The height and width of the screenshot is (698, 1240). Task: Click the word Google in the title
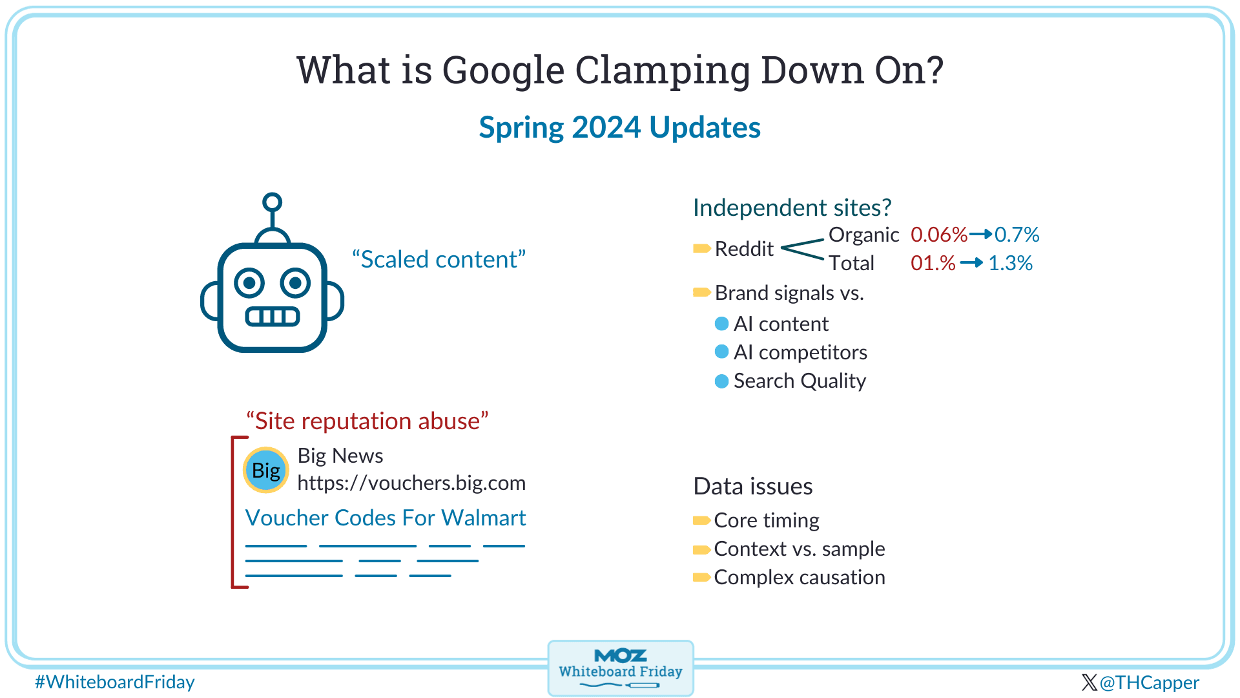coord(503,70)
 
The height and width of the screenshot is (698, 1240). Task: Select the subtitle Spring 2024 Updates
coord(619,127)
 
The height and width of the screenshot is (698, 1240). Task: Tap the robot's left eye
coord(249,282)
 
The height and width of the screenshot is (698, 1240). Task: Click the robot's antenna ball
coord(272,202)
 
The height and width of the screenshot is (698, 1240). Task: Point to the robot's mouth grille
coord(272,316)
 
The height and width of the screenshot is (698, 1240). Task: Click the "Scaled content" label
coord(439,259)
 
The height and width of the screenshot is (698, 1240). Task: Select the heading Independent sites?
coord(792,207)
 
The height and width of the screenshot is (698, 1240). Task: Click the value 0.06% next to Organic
coord(938,235)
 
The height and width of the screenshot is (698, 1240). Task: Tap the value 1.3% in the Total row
coord(1010,263)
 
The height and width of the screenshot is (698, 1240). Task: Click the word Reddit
coord(744,249)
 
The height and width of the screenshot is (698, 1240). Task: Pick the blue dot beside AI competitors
coord(721,352)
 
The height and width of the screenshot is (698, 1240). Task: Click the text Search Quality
coord(800,381)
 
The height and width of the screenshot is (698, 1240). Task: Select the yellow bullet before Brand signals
coord(701,293)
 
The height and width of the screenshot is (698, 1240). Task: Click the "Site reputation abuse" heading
coord(367,421)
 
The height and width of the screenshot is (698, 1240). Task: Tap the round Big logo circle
coord(265,470)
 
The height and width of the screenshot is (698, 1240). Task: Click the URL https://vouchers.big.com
coord(411,483)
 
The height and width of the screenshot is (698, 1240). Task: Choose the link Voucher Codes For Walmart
coord(386,518)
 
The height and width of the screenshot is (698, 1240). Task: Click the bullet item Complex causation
coord(799,577)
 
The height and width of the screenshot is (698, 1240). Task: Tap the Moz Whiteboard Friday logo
coord(620,668)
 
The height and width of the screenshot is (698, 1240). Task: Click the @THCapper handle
coord(1148,682)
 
